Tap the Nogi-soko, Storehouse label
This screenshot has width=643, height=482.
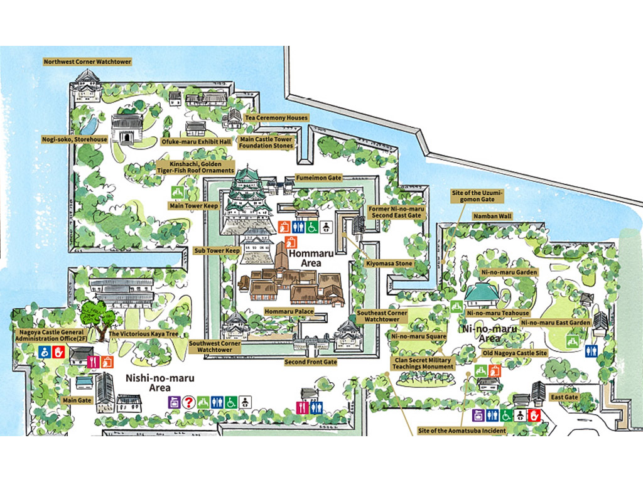coord(75,139)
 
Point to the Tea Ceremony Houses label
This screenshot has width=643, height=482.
coord(276,117)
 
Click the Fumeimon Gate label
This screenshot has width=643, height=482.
coord(318,178)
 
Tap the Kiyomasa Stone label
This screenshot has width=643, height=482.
coord(389,263)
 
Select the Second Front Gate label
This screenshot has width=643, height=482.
coord(311,362)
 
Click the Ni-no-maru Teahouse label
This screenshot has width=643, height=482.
coord(498,313)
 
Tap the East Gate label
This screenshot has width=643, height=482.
coord(563,397)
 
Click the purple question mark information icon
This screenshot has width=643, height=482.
coord(188,400)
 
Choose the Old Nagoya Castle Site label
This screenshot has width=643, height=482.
coord(514,353)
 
